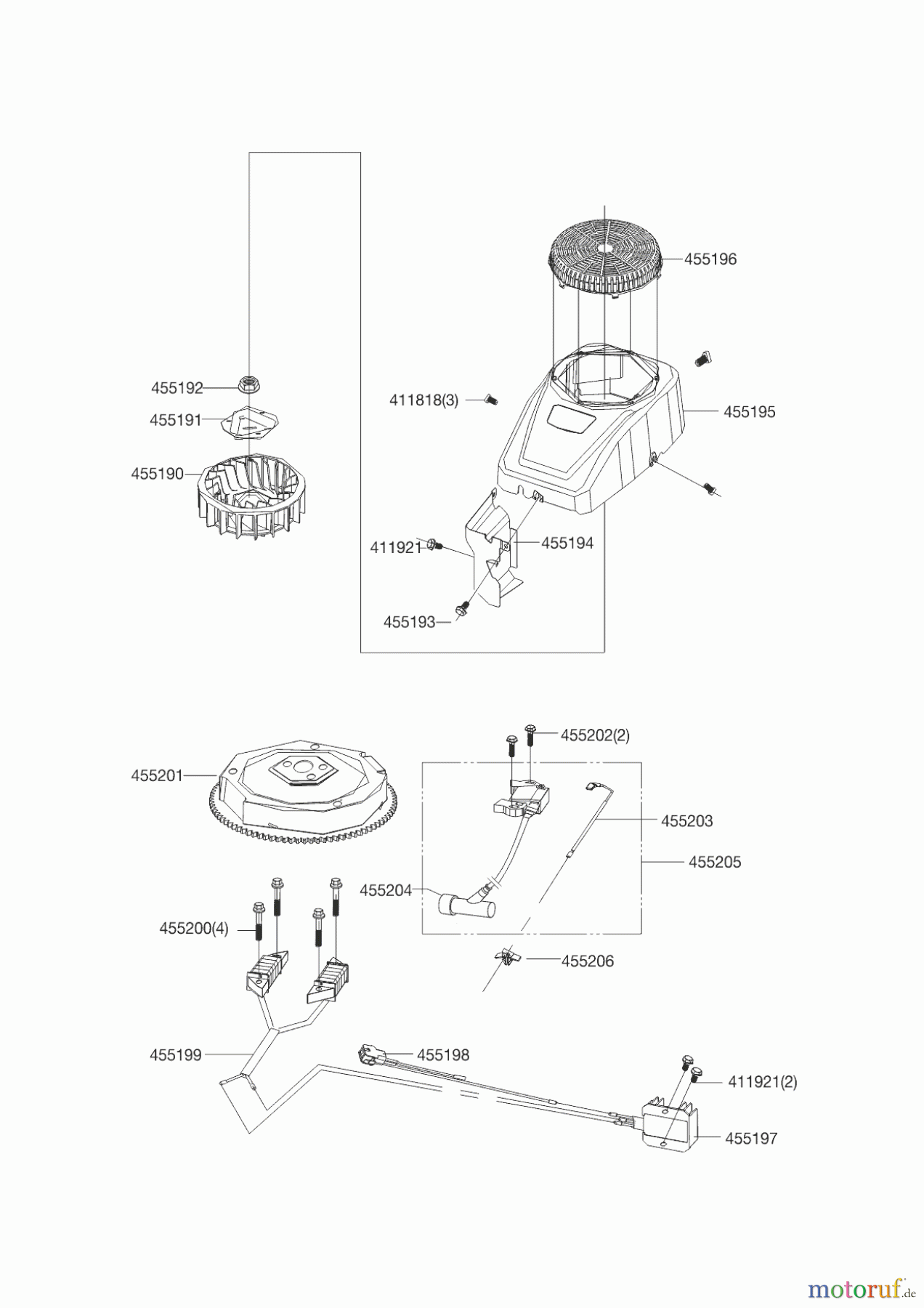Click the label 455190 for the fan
(157, 474)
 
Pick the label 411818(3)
(423, 400)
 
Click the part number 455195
(749, 412)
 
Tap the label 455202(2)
(595, 735)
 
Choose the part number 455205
(714, 863)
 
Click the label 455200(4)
(193, 929)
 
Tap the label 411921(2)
(762, 1082)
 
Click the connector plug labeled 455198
(368, 1053)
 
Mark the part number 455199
(175, 1055)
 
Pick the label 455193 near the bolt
(409, 622)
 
